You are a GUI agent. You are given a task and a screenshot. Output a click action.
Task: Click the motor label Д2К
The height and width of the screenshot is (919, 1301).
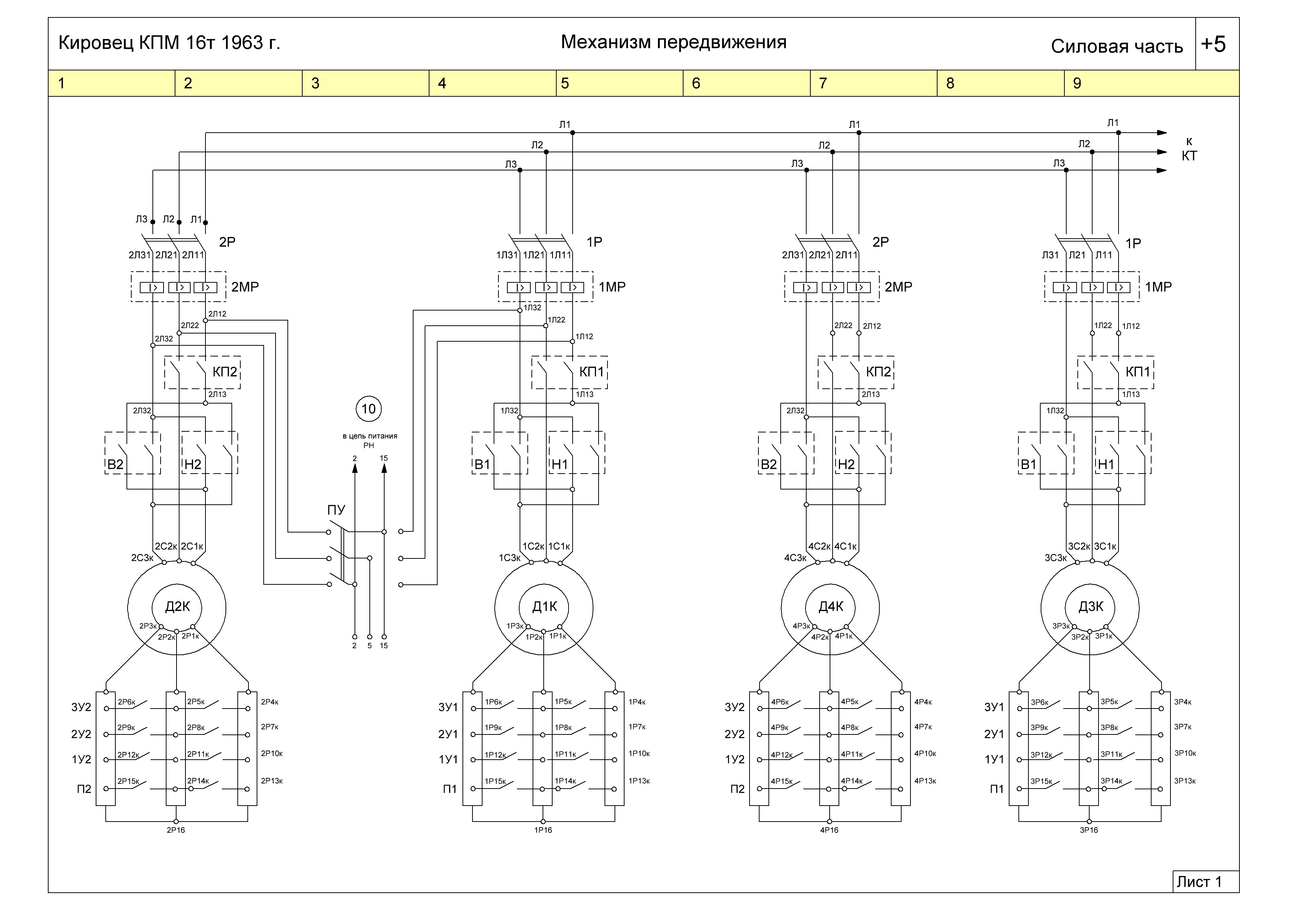coord(177,607)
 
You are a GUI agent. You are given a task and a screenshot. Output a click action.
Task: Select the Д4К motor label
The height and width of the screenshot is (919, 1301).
coord(831,607)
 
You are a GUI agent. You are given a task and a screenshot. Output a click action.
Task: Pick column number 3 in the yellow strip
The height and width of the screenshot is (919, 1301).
coord(316,83)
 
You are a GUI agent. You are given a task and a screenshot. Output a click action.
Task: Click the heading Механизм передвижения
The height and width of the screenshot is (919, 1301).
coord(674,43)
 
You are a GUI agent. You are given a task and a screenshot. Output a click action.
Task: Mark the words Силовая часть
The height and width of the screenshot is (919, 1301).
coord(1117,46)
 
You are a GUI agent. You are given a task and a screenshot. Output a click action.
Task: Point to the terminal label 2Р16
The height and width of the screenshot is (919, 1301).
coord(176,830)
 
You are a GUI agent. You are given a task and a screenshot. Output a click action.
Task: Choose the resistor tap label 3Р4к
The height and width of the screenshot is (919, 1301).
coord(1183,702)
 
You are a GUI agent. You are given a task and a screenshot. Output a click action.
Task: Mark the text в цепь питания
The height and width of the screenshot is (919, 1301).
coord(370,436)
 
